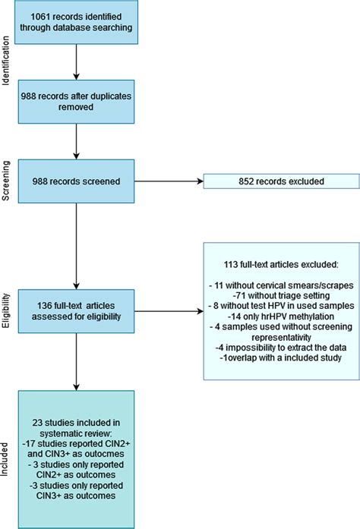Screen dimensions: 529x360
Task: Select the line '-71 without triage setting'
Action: point(279,292)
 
